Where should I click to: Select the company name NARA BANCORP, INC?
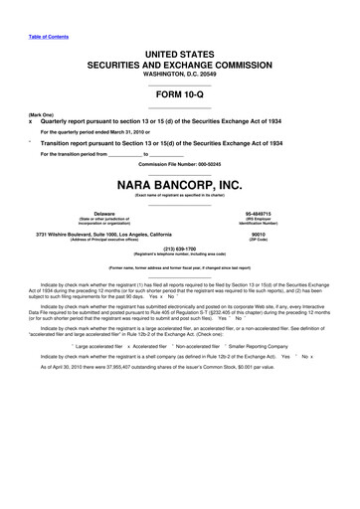tap(180, 185)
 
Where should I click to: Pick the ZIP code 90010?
tap(258, 235)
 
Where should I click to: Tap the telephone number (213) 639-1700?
tap(180, 250)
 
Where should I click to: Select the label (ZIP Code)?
tap(258, 241)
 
